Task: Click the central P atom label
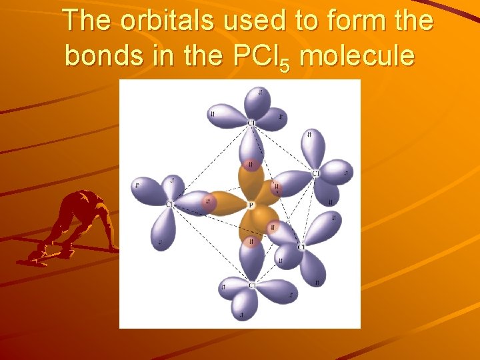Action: (251, 205)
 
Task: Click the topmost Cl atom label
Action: (251, 123)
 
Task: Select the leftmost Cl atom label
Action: (169, 204)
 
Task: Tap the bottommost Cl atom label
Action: (252, 285)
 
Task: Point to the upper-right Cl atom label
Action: (315, 174)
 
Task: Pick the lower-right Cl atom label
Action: (301, 247)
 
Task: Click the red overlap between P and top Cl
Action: (251, 164)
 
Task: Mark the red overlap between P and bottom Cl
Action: (251, 242)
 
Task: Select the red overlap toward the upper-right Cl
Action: (276, 189)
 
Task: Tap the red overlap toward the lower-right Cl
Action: (273, 228)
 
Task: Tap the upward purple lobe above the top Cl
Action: (257, 101)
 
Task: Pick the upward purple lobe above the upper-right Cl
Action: (309, 147)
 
